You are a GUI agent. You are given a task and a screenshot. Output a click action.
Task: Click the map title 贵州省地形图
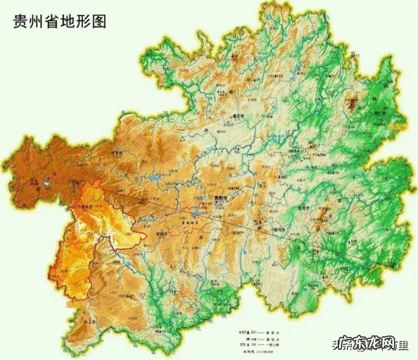pos(60,22)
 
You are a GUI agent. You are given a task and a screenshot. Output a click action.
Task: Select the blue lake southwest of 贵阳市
pos(196,212)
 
